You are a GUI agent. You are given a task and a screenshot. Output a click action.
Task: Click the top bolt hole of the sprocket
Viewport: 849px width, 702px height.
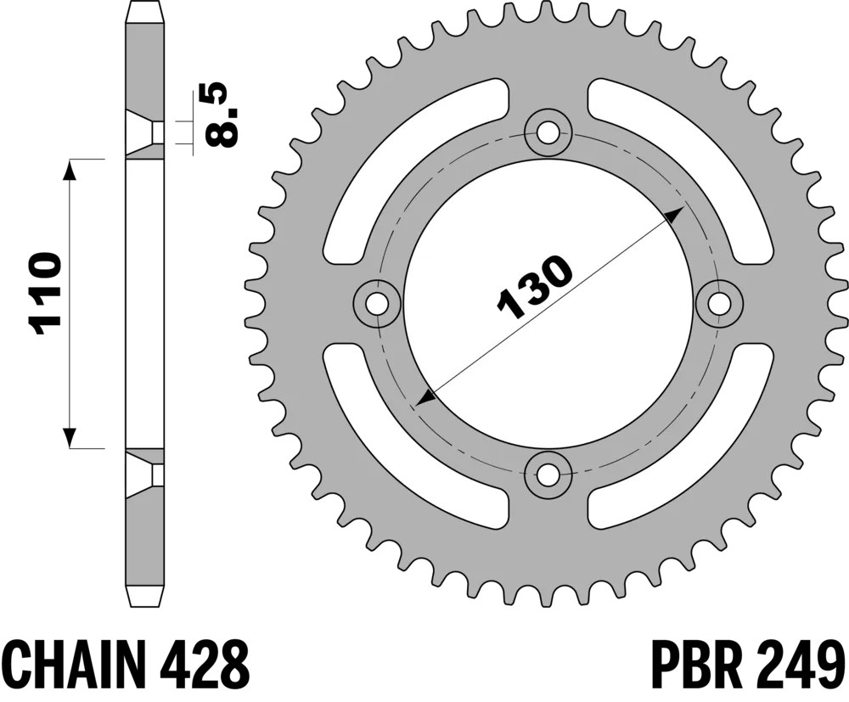point(548,132)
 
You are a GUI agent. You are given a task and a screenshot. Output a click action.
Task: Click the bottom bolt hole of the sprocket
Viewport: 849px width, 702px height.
point(548,474)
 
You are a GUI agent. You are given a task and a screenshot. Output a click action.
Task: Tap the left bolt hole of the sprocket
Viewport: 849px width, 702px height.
point(377,304)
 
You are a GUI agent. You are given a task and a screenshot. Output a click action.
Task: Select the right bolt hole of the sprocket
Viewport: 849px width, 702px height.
point(720,304)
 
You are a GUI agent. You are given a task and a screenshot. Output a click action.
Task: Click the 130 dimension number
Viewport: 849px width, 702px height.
point(534,286)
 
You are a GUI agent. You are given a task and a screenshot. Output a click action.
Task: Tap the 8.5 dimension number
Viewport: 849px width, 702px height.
point(221,115)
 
